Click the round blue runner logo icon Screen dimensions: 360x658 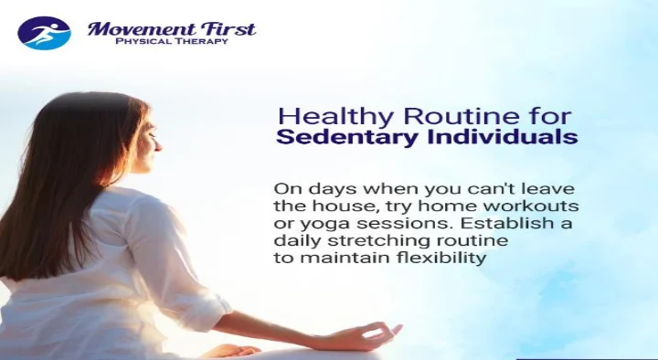tap(44, 33)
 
